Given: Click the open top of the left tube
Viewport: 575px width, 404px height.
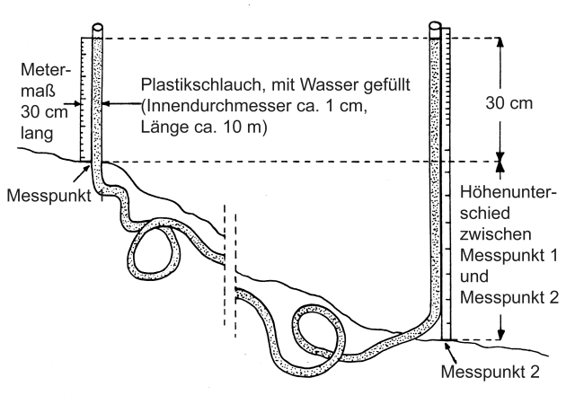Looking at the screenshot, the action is coord(97,28).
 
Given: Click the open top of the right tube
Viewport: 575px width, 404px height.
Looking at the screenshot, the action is coord(435,26).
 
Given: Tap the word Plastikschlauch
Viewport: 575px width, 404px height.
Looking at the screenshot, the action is coord(201,85).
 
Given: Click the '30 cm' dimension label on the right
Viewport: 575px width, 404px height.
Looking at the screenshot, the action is coord(509,103).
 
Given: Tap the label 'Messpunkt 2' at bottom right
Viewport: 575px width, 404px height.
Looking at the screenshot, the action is coord(491,372).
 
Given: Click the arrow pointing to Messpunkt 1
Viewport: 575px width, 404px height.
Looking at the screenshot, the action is coord(82,173).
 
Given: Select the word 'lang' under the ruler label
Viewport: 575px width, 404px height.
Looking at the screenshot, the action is coord(37,134).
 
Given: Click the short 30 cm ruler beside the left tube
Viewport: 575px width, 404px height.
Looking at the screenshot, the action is coord(86,99).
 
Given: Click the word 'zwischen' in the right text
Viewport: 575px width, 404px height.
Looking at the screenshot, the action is coord(495,234).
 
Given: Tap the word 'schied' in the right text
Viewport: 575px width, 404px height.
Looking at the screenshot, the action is coord(485,213).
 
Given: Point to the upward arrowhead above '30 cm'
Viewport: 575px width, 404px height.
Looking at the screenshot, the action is coord(500,43).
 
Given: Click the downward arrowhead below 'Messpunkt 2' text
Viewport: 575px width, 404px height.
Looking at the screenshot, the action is coord(500,334).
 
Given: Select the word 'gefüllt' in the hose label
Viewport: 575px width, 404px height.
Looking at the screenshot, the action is coord(387,85).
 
